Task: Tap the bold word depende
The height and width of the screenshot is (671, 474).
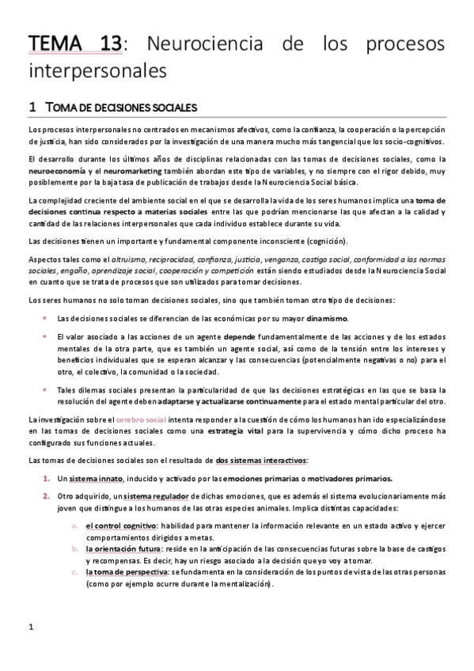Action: click(245, 336)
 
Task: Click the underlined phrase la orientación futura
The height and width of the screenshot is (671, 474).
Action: click(123, 549)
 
